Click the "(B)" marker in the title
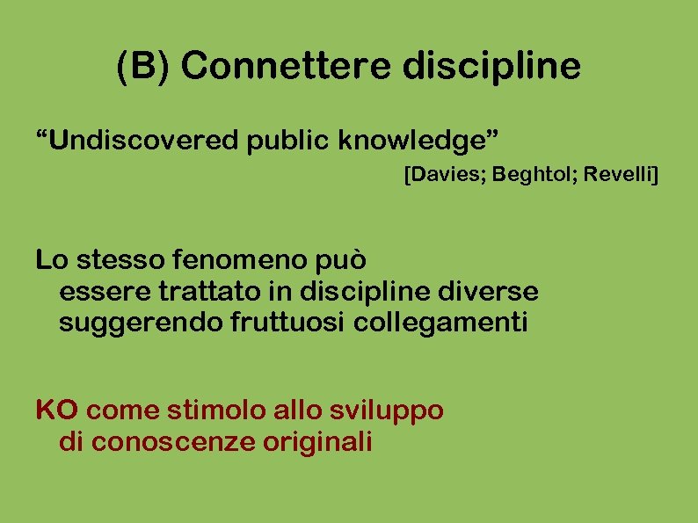(145, 67)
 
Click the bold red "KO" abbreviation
(57, 410)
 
